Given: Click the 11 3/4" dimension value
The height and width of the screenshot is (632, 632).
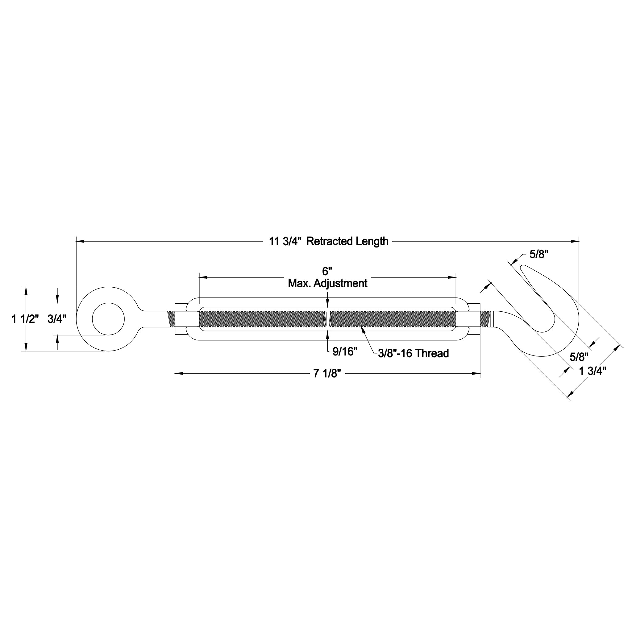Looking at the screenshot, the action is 287,241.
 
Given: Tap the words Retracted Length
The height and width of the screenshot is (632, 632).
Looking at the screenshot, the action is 347,241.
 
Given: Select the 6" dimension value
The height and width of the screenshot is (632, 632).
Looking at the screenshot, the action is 327,271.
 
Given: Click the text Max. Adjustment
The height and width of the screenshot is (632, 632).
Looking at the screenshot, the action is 327,283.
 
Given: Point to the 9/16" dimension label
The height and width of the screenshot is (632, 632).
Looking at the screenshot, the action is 345,352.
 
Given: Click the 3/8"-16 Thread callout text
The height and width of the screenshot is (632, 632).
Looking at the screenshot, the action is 414,353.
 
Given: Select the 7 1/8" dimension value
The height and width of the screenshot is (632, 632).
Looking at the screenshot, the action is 327,373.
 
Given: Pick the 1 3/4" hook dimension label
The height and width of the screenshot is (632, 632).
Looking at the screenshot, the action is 593,371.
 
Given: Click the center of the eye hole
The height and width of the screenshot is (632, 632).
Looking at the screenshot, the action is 108,319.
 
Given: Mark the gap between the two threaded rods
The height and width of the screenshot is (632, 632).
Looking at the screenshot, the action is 328,319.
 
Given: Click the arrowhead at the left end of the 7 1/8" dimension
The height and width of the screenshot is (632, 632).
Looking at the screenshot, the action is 179,373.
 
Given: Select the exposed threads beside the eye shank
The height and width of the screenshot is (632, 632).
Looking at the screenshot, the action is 171,319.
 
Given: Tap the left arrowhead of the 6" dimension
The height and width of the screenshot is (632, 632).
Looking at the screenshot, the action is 203,277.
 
